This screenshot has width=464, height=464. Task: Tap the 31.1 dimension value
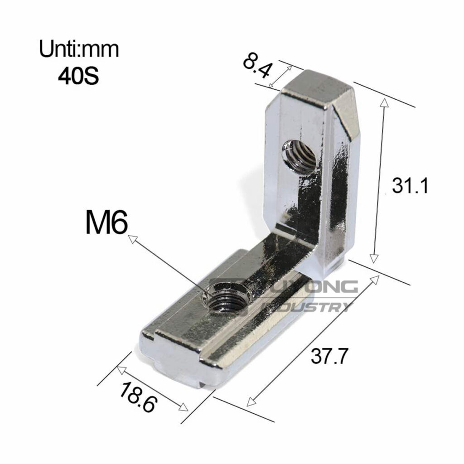tap(410, 186)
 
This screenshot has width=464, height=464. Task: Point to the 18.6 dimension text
tap(138, 396)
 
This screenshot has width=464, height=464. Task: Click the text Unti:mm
tap(79, 49)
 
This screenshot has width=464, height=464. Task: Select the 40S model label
tap(78, 76)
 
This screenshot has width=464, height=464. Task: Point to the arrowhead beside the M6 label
tap(132, 238)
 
